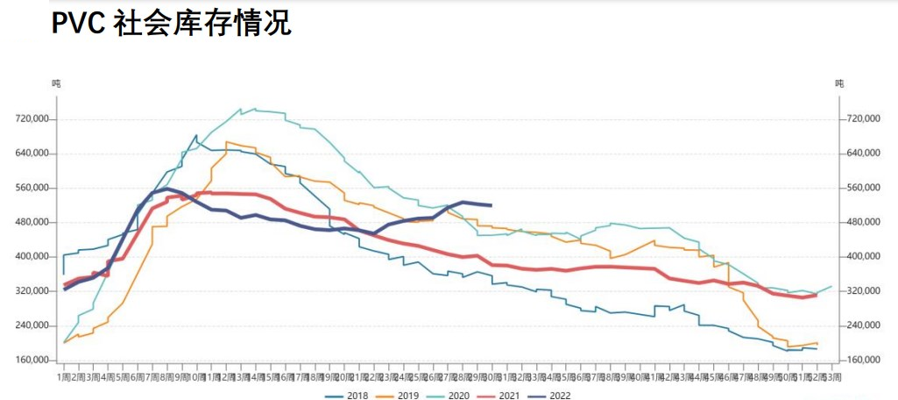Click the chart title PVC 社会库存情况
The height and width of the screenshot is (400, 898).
pos(171,24)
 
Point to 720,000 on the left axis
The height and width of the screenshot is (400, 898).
pos(35,119)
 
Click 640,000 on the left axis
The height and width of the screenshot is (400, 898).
pos(35,154)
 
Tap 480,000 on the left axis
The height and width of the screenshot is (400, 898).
pos(35,222)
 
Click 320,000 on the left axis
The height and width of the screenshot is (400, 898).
pos(35,290)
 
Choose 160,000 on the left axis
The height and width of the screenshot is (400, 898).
pos(35,360)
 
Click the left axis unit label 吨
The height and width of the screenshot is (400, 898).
pos(56,83)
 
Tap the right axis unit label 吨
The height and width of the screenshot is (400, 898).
pos(839,83)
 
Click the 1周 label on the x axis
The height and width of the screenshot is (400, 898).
pos(64,376)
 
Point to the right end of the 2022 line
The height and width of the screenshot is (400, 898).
pos(491,205)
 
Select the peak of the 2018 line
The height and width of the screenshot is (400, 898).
pos(197,135)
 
